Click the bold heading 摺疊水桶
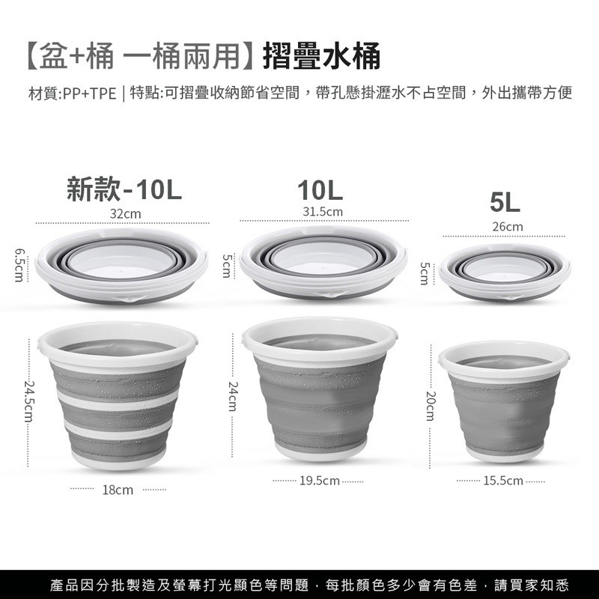point(322,55)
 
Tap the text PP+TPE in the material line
point(90,94)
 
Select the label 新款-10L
point(124,189)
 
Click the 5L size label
point(505,202)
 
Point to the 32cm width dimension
point(125,214)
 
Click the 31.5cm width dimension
point(323,212)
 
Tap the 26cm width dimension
point(508,227)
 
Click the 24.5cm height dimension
point(29,401)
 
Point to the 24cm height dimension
point(233,396)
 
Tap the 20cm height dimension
point(431,406)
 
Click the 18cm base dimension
point(118,490)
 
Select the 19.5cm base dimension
point(320,481)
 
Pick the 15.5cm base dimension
point(503,481)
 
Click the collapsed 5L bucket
point(505,272)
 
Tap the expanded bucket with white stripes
point(118,395)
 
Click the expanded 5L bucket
point(504,401)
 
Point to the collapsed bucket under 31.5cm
point(323,262)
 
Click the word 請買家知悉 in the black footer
point(532,585)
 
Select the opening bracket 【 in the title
point(32,55)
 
